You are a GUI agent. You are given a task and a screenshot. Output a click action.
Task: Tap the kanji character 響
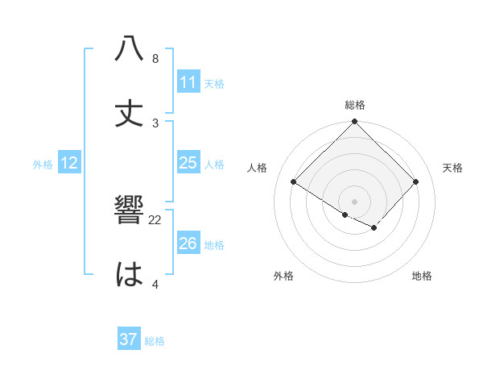click(x=130, y=210)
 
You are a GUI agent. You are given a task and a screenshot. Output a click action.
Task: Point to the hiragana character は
click(x=130, y=275)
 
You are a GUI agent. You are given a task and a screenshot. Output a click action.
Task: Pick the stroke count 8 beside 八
click(x=155, y=59)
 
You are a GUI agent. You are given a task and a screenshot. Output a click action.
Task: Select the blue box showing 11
click(x=188, y=82)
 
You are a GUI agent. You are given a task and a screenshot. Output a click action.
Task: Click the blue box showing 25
click(x=188, y=163)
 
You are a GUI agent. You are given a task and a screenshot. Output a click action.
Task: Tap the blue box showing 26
click(x=188, y=244)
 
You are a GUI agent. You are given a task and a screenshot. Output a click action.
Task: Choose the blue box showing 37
click(x=129, y=340)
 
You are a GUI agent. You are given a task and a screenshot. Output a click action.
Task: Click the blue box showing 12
click(x=69, y=163)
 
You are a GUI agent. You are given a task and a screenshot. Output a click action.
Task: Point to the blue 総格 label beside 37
click(x=155, y=341)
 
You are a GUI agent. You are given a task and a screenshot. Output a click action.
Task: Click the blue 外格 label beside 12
click(x=43, y=164)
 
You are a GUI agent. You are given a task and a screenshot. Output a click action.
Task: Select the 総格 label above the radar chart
click(x=355, y=105)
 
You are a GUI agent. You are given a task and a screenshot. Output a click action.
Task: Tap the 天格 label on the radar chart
click(x=453, y=168)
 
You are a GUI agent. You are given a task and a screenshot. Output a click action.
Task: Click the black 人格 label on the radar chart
click(x=258, y=168)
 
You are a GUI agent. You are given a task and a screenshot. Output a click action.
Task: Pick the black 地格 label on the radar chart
click(x=422, y=276)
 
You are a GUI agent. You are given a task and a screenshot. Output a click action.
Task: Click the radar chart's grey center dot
click(x=355, y=201)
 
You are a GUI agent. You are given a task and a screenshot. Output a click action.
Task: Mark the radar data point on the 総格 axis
click(x=355, y=123)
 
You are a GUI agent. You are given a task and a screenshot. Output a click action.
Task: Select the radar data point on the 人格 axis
click(x=294, y=182)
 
